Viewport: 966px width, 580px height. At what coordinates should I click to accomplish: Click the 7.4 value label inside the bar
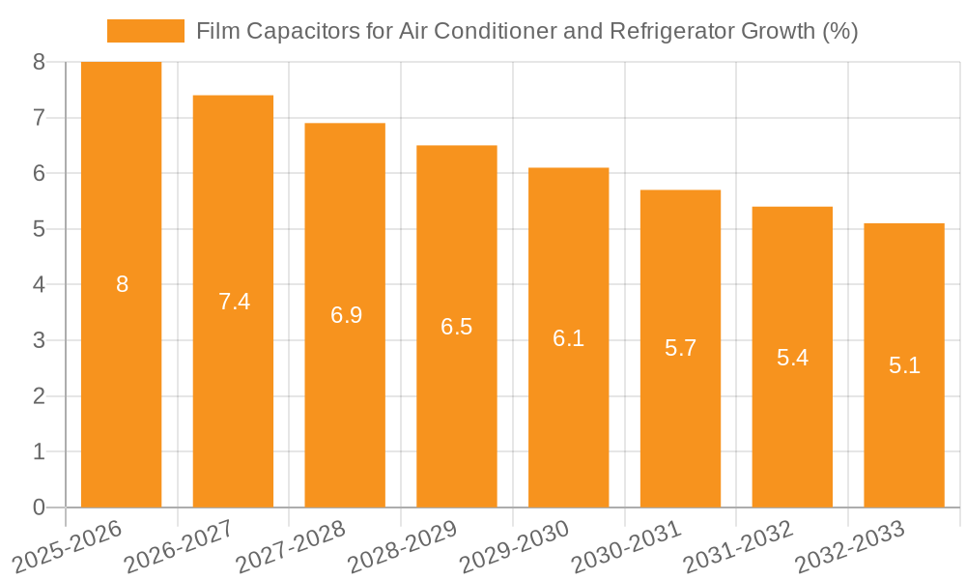tap(234, 302)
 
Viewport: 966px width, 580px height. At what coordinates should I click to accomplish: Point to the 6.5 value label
tap(456, 327)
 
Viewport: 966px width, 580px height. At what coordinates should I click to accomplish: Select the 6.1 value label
tap(568, 338)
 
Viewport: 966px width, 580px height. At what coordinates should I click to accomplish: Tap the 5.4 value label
tap(792, 358)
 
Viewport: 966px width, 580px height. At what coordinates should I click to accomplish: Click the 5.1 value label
tap(904, 365)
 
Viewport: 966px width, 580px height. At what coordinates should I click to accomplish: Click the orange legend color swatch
tap(145, 31)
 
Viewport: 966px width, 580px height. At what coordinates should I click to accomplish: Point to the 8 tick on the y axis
tap(39, 62)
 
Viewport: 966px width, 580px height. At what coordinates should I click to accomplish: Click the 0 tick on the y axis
tap(39, 507)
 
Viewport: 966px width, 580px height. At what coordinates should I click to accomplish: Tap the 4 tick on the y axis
tap(39, 285)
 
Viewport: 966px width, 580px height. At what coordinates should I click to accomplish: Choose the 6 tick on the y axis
tap(39, 174)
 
